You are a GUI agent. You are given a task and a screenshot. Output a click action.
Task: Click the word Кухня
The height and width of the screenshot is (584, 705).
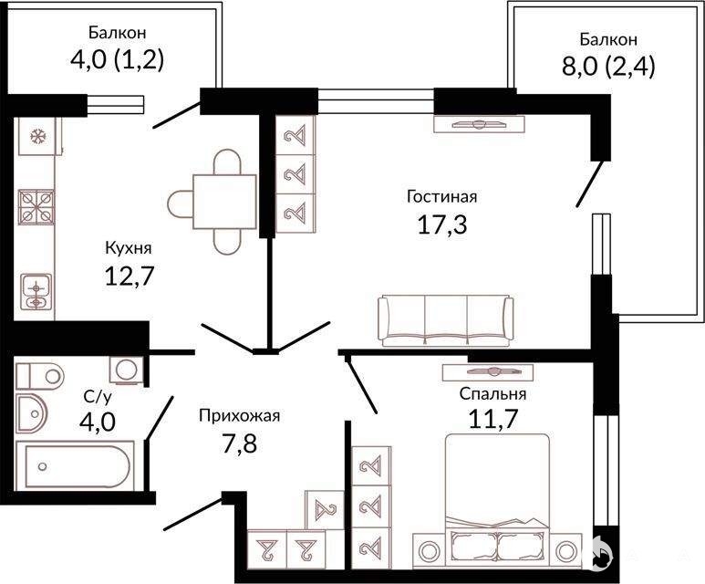click(x=129, y=248)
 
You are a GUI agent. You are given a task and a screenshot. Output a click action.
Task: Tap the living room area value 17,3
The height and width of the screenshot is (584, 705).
click(x=442, y=224)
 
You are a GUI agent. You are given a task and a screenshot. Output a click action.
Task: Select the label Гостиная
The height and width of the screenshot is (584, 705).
click(x=441, y=196)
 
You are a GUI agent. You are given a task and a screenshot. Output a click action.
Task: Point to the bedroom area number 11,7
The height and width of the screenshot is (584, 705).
click(x=493, y=419)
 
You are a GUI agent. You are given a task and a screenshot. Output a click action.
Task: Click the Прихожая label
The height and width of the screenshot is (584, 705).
click(x=240, y=415)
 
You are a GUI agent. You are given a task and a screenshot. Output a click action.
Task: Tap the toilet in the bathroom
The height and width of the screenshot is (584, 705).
click(x=40, y=376)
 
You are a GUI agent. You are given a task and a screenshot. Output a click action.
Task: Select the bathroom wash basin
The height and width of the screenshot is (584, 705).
click(x=32, y=414)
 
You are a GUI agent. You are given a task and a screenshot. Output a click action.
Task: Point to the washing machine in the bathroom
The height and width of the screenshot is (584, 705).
click(x=127, y=370)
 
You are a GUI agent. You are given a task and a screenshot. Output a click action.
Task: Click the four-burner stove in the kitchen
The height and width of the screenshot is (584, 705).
click(x=36, y=207)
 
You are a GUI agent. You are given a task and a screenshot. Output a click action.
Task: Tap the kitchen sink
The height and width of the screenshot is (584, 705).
click(x=36, y=292)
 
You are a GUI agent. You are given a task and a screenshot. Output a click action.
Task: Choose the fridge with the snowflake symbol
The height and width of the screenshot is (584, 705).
click(x=37, y=136)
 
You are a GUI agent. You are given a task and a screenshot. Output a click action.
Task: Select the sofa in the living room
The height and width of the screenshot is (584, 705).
click(x=446, y=321)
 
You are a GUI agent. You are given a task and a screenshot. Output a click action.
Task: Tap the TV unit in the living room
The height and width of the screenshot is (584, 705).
click(x=480, y=124)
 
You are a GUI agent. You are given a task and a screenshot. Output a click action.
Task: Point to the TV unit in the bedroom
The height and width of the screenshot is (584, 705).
click(x=487, y=372)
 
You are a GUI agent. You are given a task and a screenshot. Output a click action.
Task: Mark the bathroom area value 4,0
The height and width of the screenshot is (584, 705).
click(x=98, y=422)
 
